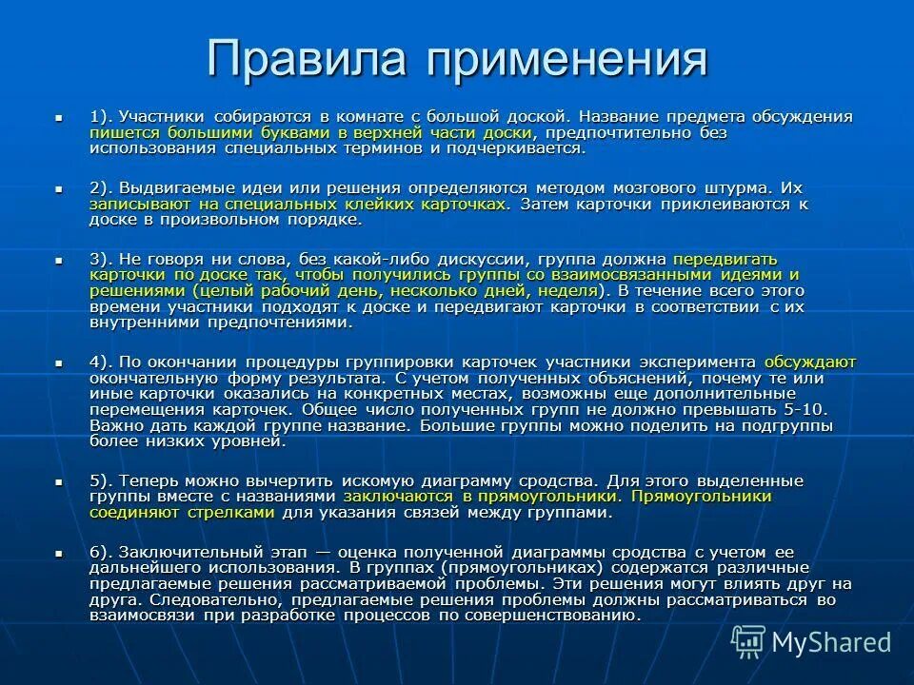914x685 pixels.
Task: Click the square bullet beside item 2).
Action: pos(59,188)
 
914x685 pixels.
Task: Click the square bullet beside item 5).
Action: pos(59,480)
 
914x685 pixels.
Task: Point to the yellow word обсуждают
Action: pos(810,362)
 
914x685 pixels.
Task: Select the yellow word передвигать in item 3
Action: pos(725,259)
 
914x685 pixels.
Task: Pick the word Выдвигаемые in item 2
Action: pos(171,188)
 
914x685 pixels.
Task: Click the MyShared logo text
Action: pos(831,642)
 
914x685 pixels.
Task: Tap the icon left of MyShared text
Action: pos(748,642)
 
